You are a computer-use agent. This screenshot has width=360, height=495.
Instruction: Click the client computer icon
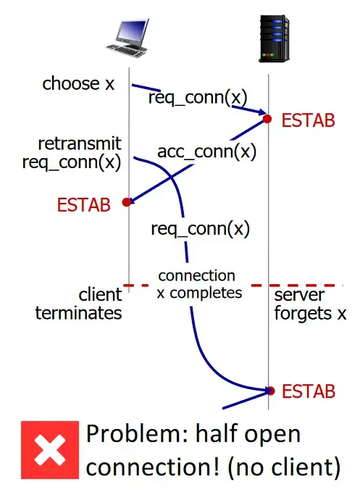[x=127, y=38]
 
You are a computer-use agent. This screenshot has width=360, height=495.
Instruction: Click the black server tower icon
[x=274, y=38]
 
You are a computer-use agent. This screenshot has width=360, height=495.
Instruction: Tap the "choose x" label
[x=78, y=84]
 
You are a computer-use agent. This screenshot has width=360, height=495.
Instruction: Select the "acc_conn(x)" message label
[x=206, y=151]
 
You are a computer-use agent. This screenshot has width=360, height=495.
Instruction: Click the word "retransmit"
[x=80, y=143]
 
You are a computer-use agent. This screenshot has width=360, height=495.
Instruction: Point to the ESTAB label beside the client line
[x=83, y=204]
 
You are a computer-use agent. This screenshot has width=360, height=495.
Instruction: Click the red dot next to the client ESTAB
[x=127, y=202]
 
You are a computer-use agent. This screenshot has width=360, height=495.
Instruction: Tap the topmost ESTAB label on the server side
[x=308, y=120]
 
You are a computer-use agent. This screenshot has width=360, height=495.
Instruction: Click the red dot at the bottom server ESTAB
[x=271, y=391]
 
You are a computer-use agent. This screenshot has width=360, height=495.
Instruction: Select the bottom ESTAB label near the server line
[x=309, y=391]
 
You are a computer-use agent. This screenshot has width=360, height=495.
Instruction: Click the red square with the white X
[x=50, y=450]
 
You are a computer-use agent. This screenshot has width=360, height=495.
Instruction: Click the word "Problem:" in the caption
[x=137, y=433]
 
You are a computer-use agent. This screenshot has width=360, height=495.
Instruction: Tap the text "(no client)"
[x=284, y=467]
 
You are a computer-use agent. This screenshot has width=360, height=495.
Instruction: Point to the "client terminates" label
[x=78, y=304]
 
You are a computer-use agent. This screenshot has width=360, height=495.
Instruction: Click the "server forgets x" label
[x=310, y=304]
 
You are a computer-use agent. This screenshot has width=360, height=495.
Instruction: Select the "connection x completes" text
[x=199, y=284]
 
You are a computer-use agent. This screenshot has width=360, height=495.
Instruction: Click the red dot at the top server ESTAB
[x=267, y=119]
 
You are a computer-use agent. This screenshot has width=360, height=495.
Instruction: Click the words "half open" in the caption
[x=248, y=434]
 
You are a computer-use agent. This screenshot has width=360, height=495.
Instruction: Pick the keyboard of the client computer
[x=126, y=51]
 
